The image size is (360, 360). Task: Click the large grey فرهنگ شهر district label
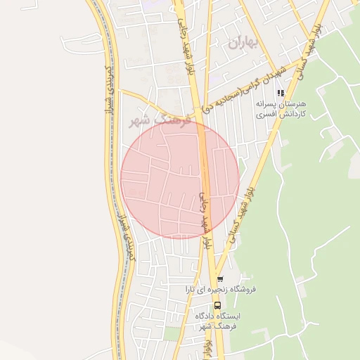[155, 120]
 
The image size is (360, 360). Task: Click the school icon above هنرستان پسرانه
[281, 92]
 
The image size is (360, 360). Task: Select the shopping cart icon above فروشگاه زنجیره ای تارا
[219, 278]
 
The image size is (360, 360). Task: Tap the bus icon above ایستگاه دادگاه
[217, 305]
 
